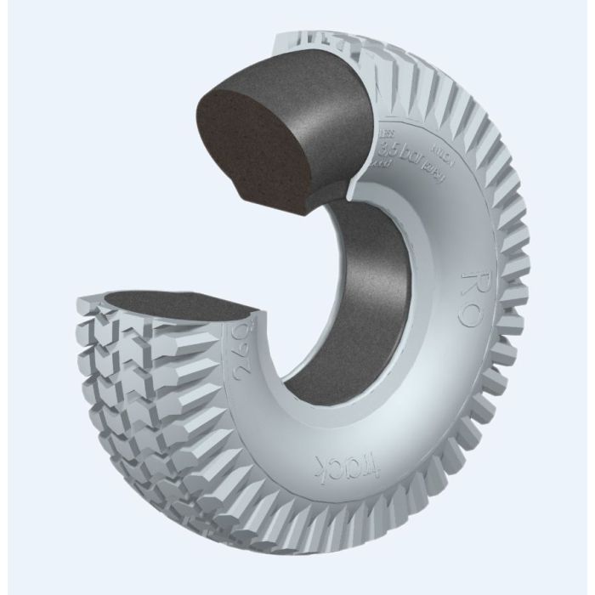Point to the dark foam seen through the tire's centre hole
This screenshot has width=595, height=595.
coord(340,297)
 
